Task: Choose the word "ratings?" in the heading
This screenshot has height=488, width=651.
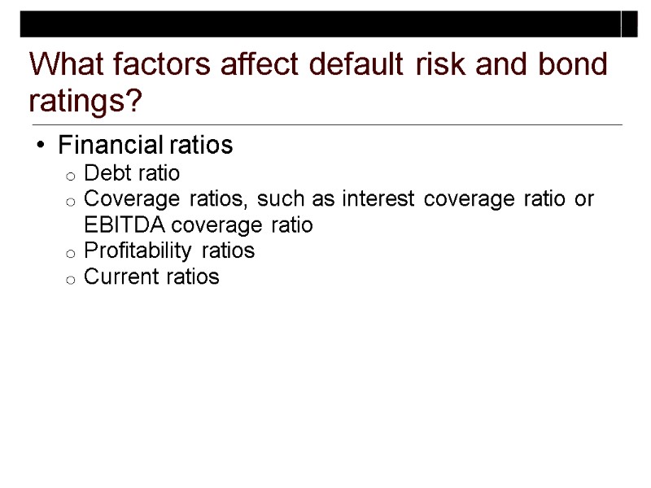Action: (85, 102)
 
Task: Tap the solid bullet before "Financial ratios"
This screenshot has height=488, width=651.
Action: (41, 146)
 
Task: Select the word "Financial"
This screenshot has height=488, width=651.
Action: (111, 146)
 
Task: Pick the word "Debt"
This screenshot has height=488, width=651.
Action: (104, 173)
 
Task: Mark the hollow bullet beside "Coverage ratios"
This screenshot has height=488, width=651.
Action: (70, 200)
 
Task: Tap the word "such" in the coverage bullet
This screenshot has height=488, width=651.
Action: (278, 198)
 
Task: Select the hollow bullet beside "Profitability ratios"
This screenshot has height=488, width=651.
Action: (70, 252)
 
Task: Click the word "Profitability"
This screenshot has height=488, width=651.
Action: (142, 251)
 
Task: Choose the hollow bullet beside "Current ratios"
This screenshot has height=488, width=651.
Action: (70, 278)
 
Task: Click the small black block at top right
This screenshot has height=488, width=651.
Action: (630, 24)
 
